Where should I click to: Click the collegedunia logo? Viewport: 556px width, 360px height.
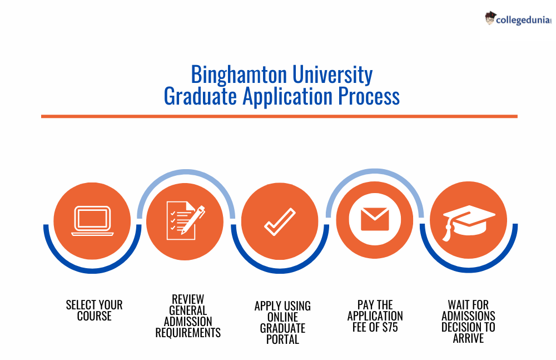518,19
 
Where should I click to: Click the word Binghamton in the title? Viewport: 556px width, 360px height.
239,75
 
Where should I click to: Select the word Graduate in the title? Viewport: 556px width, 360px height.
200,96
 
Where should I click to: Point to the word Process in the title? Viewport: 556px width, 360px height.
369,96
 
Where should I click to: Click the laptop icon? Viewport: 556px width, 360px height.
92,221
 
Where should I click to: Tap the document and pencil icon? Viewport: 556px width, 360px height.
186,221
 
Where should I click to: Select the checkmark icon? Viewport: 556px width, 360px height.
280,221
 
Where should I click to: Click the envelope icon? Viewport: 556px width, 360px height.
375,219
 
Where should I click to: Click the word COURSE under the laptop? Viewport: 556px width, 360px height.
95,316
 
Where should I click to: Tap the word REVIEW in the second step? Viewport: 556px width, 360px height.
188,299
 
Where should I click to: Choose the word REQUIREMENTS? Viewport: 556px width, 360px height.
188,333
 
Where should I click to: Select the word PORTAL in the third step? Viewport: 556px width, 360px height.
282,339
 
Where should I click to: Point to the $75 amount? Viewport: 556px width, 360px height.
390,327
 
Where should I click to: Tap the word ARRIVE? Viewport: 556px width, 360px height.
468,338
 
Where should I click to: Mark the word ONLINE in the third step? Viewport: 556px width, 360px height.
282,317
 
